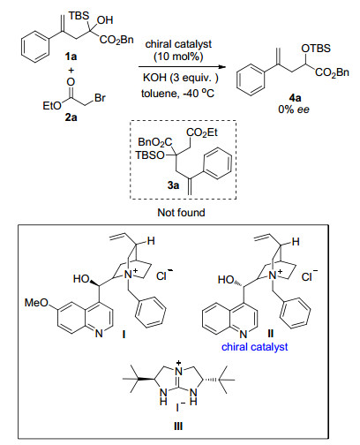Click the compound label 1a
pos(71,56)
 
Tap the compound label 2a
pos(71,117)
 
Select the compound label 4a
pos(295,98)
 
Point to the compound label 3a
pos(173,185)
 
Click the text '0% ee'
pos(294,109)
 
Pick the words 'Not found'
pos(181,212)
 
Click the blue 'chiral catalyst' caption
pos(255,347)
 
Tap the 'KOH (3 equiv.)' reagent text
pos(181,78)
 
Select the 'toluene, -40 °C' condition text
pos(178,94)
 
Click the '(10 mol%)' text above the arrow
pos(178,57)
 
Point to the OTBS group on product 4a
pos(316,49)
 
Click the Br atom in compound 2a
pos(100,98)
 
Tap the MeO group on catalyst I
pos(36,302)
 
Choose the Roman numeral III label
pos(178,426)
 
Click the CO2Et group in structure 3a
pos(202,132)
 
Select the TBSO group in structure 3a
pos(150,155)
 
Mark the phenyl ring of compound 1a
pos(35,47)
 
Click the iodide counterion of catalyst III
pos(179,407)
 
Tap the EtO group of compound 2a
pos(52,105)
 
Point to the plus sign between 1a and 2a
pos(71,70)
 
